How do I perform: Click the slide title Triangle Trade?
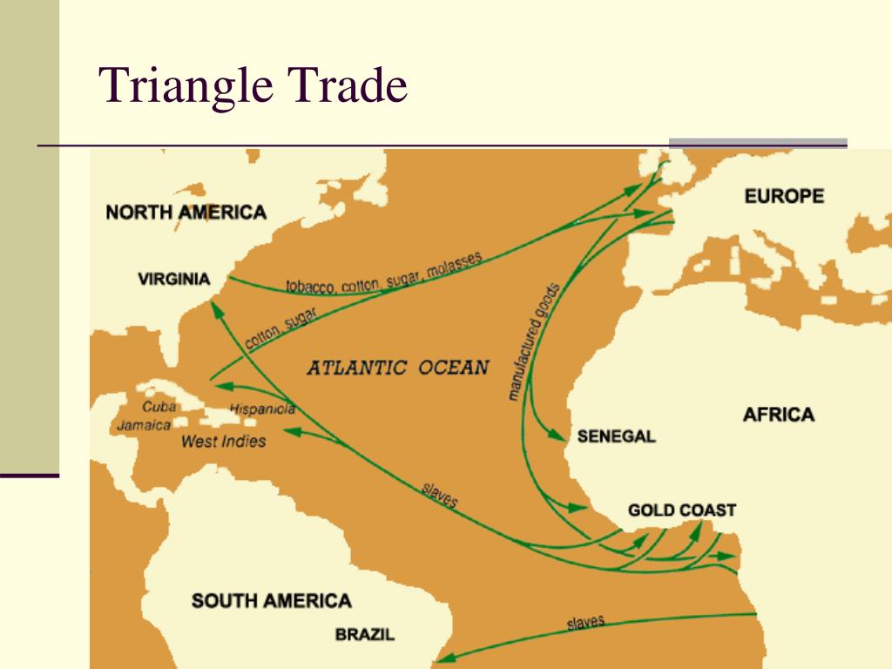[x=253, y=87]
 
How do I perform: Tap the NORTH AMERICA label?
[x=186, y=212]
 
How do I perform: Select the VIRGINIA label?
[x=174, y=279]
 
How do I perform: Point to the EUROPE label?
[x=784, y=196]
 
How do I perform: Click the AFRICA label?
[x=778, y=414]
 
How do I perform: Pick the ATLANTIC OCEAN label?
[x=398, y=367]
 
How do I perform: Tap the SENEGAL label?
[x=616, y=436]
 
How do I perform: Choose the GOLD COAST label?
[x=682, y=510]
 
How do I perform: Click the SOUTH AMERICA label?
[x=272, y=600]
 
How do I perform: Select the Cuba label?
[x=159, y=407]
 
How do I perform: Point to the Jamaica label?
[x=145, y=425]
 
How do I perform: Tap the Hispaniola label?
[x=262, y=409]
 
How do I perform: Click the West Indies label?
[x=223, y=441]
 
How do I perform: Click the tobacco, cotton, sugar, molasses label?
[x=383, y=272]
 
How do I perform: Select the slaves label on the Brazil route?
[x=585, y=622]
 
